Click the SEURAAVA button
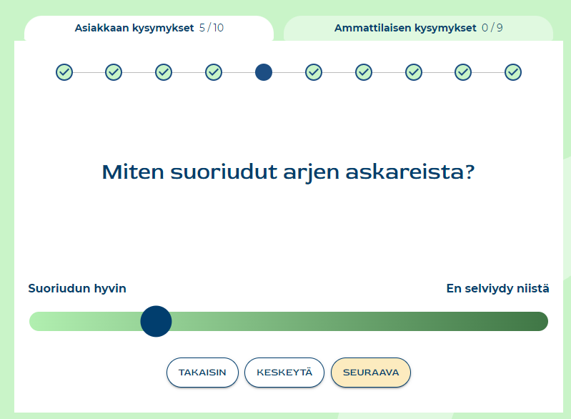click(371, 373)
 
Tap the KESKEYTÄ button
click(284, 373)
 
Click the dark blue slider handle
click(156, 321)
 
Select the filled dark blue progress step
click(264, 72)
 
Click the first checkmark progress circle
click(64, 72)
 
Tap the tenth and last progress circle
click(513, 72)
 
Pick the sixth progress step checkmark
click(314, 72)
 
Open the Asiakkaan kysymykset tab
click(149, 28)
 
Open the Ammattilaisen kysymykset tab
click(418, 28)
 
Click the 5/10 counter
click(212, 28)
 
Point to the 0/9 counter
click(492, 28)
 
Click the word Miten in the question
click(133, 172)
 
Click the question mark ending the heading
click(470, 172)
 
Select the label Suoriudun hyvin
click(77, 289)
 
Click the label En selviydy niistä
click(498, 289)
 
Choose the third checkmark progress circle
click(164, 72)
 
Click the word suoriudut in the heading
click(224, 172)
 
